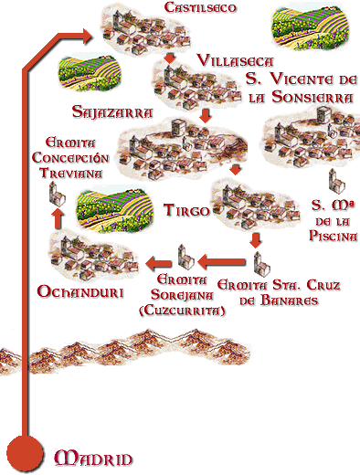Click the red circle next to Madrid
point(25,452)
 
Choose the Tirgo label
point(187,209)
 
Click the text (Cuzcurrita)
point(180,311)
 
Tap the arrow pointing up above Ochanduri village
point(57,217)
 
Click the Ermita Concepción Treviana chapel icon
point(56,191)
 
